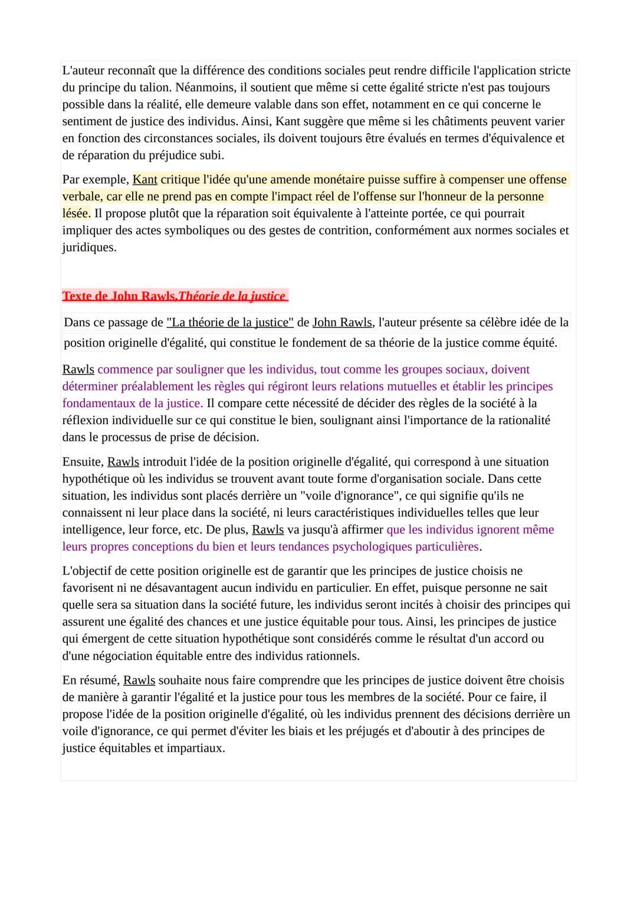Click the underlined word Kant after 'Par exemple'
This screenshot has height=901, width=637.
click(145, 179)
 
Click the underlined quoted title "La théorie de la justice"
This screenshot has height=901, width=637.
click(230, 323)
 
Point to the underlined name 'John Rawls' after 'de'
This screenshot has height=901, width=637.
click(342, 323)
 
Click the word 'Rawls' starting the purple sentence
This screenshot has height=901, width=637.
click(78, 370)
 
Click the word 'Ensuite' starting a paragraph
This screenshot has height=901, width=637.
click(83, 462)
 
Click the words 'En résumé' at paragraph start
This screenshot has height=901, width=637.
click(91, 680)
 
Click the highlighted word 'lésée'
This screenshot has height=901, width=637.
click(76, 214)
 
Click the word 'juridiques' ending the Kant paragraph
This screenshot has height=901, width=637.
click(89, 248)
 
